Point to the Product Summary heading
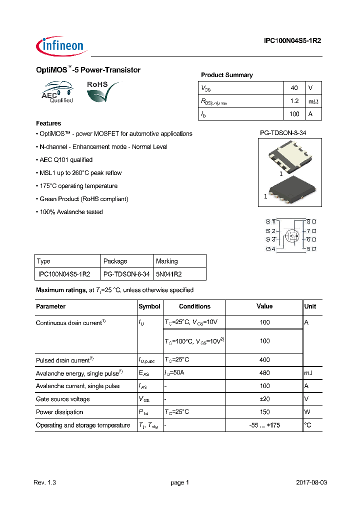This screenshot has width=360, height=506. pos(226,75)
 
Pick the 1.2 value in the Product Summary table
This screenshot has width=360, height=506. pos(294,101)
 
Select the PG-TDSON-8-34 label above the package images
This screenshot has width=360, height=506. pos(282,133)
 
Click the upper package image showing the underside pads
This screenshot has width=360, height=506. pos(289,155)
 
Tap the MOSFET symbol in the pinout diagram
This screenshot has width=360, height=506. pos(291,235)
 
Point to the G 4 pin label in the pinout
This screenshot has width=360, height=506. pos(270,249)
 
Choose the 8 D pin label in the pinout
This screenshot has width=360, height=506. pos(311,221)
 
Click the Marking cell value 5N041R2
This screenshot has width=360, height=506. pos(168,274)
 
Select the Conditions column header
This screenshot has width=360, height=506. pos(194,306)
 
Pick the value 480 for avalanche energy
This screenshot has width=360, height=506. pos(264,373)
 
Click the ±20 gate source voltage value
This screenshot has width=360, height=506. pos(264,399)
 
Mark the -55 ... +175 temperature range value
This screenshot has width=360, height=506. pos(264,425)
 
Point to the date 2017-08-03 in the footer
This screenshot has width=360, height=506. pos(311,482)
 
